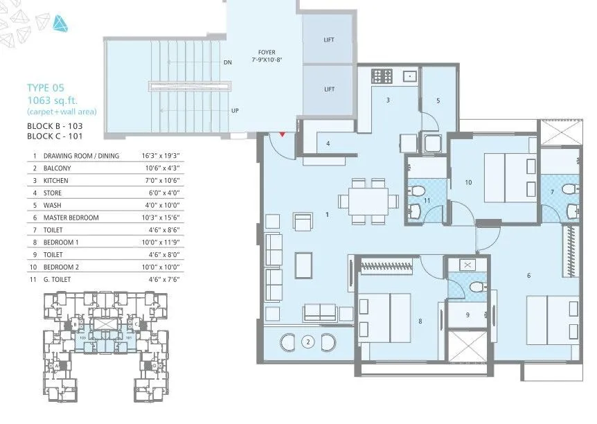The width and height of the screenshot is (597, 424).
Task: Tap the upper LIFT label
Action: coord(329,39)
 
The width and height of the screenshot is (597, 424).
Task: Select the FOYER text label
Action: coord(266,51)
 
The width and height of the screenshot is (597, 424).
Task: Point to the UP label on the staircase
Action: coord(235,111)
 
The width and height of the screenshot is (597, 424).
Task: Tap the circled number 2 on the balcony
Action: coord(308,342)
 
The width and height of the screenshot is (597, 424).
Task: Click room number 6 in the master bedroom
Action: coord(528,276)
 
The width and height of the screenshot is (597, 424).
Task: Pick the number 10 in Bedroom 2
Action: coord(468,183)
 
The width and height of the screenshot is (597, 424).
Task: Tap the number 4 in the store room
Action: coord(328,144)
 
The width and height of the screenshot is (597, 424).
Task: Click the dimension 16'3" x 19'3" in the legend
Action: coord(159,156)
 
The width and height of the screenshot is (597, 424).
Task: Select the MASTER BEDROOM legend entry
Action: coord(71,218)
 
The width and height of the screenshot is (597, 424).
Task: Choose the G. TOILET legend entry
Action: coord(59,279)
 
